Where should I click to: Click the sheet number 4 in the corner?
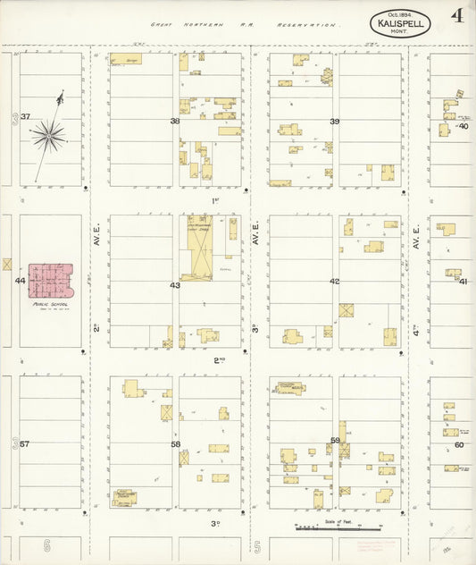point(456,15)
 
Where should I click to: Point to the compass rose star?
point(48,136)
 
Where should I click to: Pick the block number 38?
point(175,121)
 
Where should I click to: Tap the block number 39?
point(335,121)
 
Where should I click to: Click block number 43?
point(175,285)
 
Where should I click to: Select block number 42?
point(335,282)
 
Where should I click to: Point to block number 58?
point(175,444)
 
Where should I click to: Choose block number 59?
point(335,440)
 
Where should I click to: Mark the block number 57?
point(25,444)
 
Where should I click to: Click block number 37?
point(26,117)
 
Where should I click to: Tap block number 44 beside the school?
point(20,281)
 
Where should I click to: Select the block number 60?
point(459,444)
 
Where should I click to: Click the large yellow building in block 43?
point(199,247)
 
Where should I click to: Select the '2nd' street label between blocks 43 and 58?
point(219,360)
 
